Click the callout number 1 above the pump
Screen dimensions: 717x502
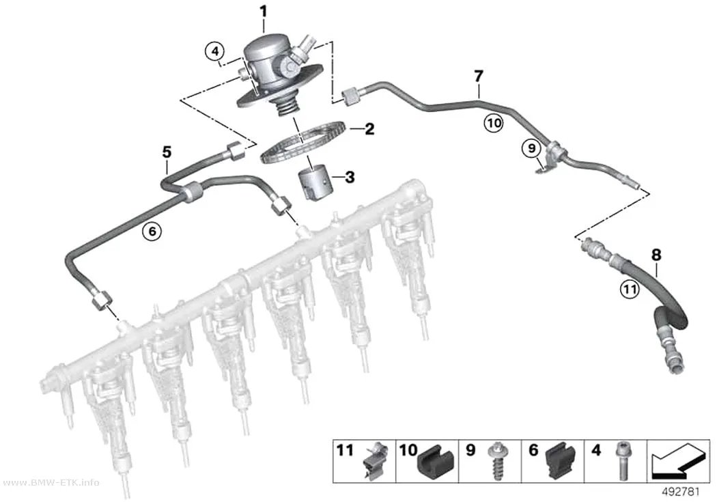pyautogui.click(x=264, y=11)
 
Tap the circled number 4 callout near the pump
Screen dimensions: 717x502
pyautogui.click(x=215, y=51)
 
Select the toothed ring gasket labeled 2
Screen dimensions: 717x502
pyautogui.click(x=302, y=141)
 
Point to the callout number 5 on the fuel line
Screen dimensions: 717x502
pyautogui.click(x=167, y=152)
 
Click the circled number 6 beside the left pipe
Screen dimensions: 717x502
pyautogui.click(x=152, y=232)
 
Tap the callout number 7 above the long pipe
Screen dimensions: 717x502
pyautogui.click(x=478, y=76)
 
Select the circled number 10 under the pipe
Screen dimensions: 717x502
pyautogui.click(x=494, y=122)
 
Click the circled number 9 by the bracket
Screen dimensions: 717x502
pyautogui.click(x=531, y=148)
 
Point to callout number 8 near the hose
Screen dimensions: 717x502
pyautogui.click(x=656, y=255)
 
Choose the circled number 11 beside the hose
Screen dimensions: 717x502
pyautogui.click(x=630, y=289)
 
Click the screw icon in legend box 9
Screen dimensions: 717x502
pyautogui.click(x=495, y=461)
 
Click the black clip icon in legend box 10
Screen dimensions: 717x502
pyautogui.click(x=434, y=462)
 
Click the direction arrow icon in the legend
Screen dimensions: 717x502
pyautogui.click(x=678, y=460)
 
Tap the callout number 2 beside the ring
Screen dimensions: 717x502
pyautogui.click(x=369, y=129)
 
